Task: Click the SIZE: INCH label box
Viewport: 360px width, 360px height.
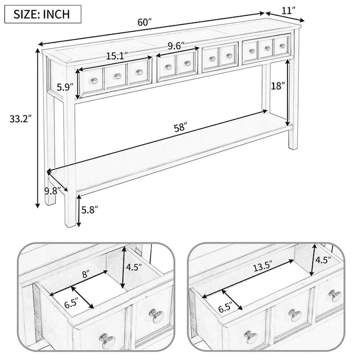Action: [x=43, y=13]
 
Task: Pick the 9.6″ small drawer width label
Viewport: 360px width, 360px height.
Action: [x=177, y=45]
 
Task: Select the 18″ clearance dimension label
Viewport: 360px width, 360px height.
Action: [x=278, y=86]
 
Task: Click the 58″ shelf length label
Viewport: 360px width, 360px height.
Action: [x=180, y=127]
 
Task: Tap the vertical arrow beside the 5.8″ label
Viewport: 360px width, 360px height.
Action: [x=79, y=210]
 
